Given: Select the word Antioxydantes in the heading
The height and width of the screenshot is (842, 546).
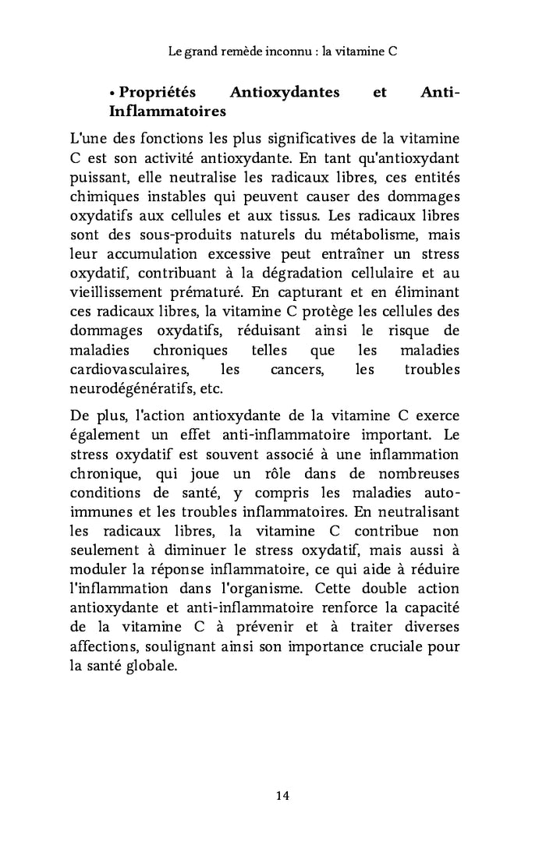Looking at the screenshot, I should tap(285, 93).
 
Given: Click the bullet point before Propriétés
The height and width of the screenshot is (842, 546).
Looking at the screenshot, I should tap(112, 94).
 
